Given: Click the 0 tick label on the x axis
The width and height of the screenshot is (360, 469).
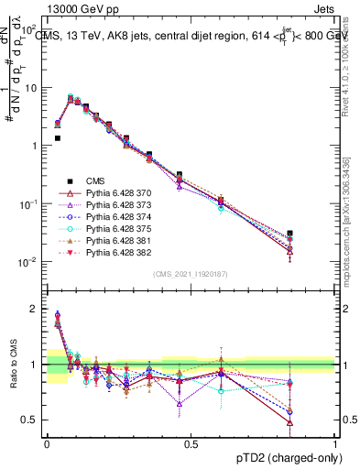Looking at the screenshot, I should (x=47, y=443).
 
